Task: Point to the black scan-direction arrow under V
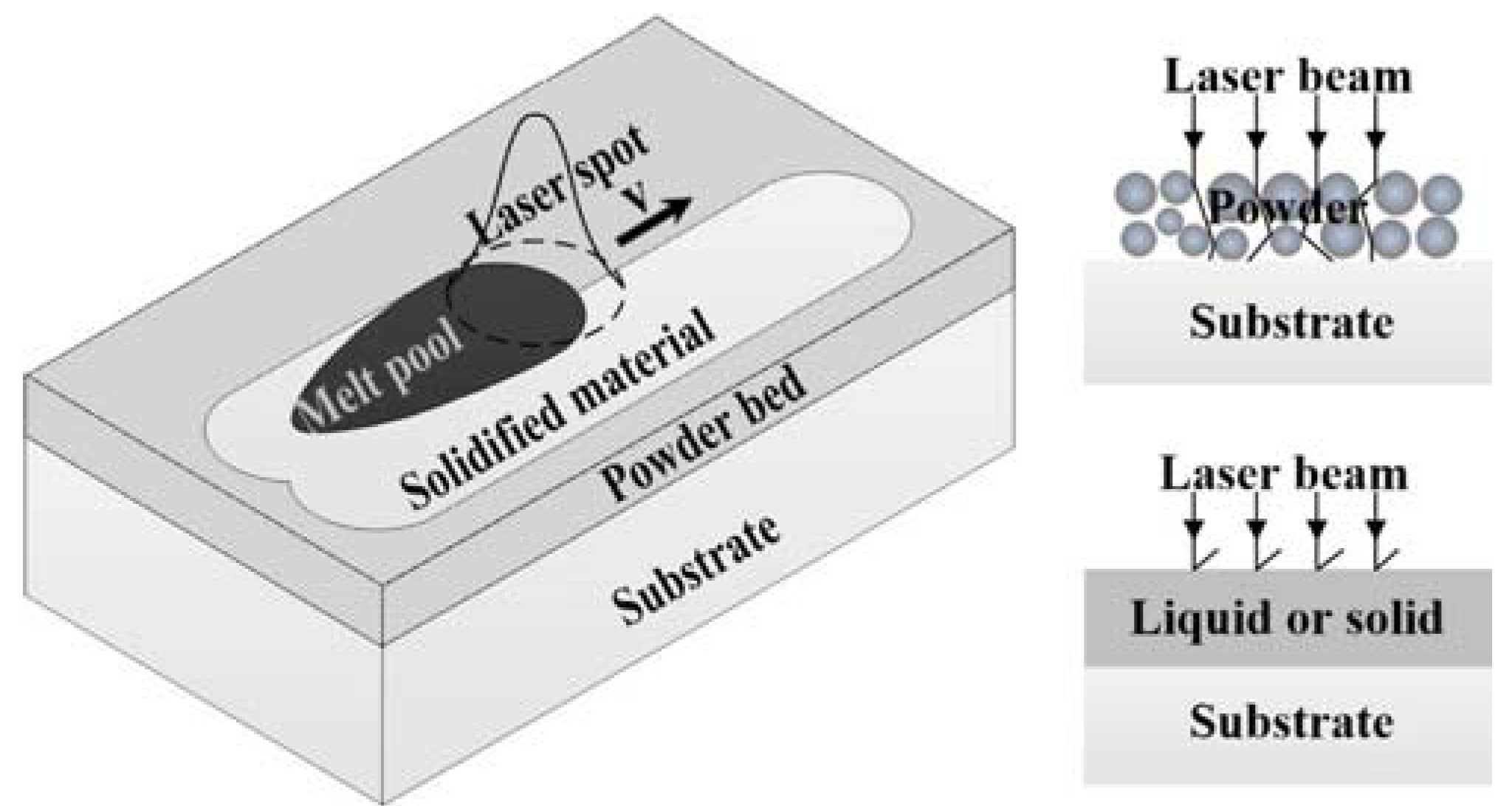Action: point(653,222)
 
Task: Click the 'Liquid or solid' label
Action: point(1287,618)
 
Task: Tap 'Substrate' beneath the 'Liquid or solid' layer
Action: point(1291,721)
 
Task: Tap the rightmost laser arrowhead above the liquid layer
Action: point(1375,529)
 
